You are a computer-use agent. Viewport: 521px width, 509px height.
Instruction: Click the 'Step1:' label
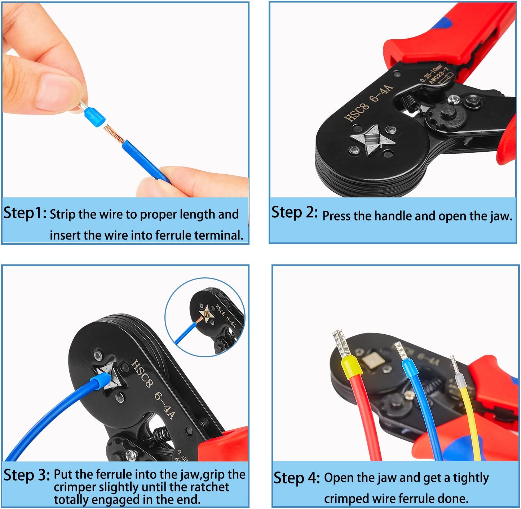25,213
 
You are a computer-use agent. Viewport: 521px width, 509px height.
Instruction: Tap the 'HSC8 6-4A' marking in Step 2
368,103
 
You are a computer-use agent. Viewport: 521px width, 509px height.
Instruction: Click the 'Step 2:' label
294,213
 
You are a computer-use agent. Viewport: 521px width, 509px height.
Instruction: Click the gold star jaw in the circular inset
206,313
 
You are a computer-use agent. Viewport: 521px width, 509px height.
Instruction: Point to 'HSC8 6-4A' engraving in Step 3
153,389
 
